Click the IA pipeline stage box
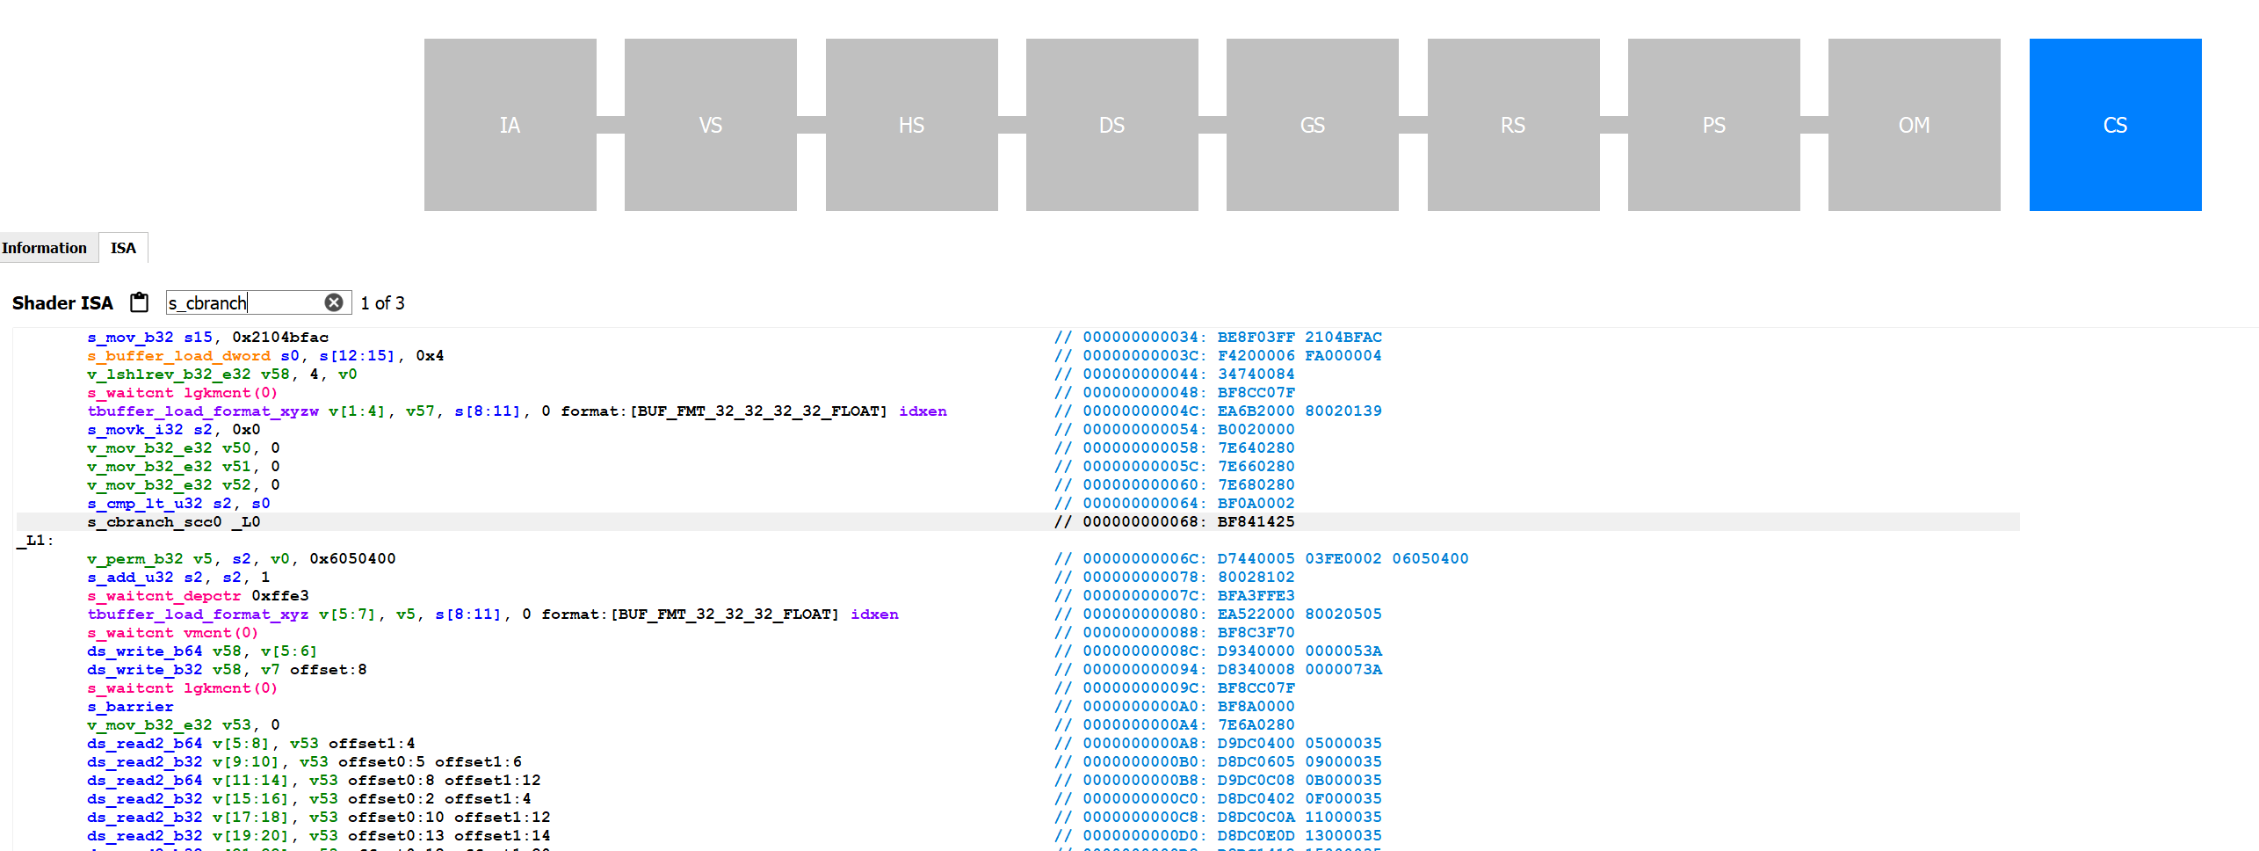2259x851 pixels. tap(510, 125)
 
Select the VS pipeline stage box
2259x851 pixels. tap(710, 125)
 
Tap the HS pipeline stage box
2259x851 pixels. tap(911, 125)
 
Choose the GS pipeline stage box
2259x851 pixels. tap(1312, 125)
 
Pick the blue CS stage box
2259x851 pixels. tap(2115, 125)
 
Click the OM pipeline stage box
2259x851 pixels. tap(1914, 125)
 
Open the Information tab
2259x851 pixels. tap(45, 248)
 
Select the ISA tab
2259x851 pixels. tap(123, 248)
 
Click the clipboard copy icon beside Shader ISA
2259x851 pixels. tap(139, 302)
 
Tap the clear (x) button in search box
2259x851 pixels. tap(334, 302)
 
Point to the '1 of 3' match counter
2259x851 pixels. tap(382, 303)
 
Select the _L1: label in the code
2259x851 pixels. tap(36, 541)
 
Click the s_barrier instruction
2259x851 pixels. tap(130, 707)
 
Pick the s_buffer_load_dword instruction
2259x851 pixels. tap(178, 356)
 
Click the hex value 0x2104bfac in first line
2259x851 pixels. tap(280, 338)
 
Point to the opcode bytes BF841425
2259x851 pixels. tap(1256, 522)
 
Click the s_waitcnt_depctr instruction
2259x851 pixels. tap(163, 596)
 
